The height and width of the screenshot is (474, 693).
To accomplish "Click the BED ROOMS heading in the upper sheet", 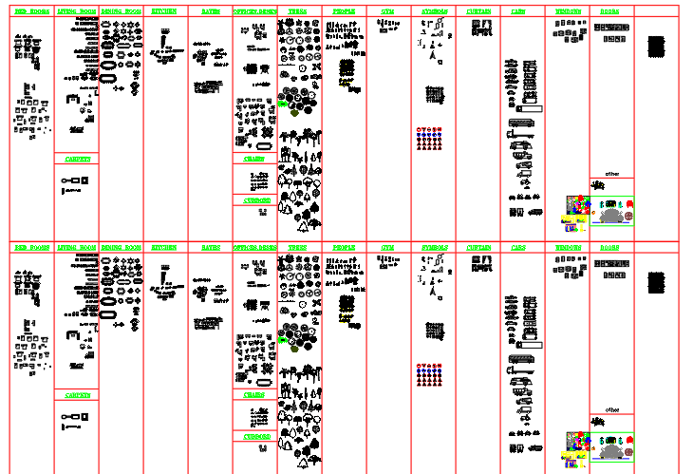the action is click(x=33, y=11).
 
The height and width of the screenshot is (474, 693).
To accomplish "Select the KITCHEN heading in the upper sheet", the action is click(x=164, y=11).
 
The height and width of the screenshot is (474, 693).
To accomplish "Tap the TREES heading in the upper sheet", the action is click(x=297, y=11).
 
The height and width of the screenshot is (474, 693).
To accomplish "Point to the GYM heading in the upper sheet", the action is click(x=387, y=11).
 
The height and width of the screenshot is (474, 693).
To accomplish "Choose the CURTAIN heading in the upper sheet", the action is click(x=478, y=11).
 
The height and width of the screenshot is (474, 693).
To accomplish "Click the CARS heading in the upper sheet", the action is click(x=518, y=11).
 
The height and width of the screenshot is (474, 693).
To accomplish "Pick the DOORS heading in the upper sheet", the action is click(x=610, y=11).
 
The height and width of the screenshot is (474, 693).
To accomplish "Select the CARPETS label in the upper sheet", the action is click(x=78, y=159).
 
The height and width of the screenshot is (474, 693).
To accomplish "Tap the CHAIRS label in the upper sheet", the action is click(x=254, y=159).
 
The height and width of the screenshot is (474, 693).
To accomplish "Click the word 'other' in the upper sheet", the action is click(x=611, y=174).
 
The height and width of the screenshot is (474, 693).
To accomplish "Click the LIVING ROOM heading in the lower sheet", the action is click(x=77, y=247).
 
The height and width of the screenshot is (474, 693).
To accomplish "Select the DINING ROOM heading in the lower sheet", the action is click(x=121, y=247).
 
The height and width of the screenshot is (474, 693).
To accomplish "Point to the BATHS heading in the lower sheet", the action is click(x=210, y=247).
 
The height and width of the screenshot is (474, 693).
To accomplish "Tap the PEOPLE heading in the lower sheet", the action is click(x=344, y=247).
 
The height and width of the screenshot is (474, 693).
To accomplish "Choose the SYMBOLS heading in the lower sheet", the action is click(x=433, y=247).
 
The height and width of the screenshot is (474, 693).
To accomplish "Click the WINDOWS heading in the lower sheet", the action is click(x=569, y=247).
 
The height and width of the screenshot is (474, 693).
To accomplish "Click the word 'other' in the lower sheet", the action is click(x=611, y=410).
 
